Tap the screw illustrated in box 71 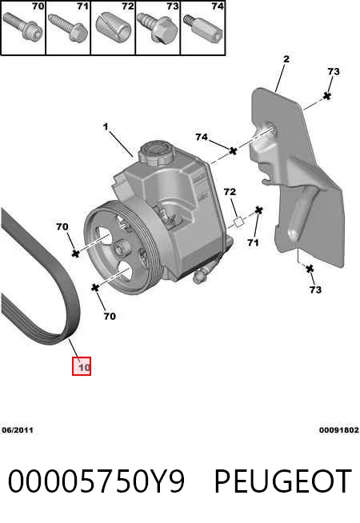(68, 27)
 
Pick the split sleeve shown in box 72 (114, 25)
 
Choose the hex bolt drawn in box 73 (157, 28)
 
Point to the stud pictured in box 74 (203, 26)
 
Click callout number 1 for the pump (106, 126)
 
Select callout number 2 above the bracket (286, 59)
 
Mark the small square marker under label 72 (238, 222)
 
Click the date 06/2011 (18, 430)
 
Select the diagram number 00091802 (338, 430)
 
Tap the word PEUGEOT (282, 481)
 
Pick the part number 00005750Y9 (96, 481)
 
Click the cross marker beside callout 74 (233, 151)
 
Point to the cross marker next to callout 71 (258, 210)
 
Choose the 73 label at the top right (333, 71)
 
